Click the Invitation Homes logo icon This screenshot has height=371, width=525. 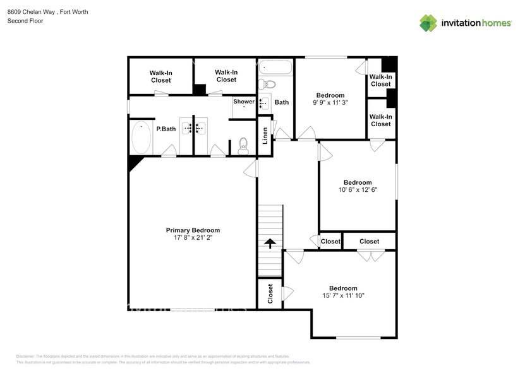point(429,23)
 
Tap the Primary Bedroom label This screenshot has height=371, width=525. point(193,230)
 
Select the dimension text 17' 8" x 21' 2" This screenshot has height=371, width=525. point(193,238)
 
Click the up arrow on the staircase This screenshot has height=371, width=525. point(270,244)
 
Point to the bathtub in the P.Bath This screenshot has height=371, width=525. point(140,138)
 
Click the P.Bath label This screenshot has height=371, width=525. point(166,129)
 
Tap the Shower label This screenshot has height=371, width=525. point(244,102)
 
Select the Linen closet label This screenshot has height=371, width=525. point(265,135)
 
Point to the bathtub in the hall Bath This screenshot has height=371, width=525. point(275,67)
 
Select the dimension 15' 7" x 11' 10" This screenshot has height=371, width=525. point(343,295)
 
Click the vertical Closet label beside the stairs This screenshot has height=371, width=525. point(270,294)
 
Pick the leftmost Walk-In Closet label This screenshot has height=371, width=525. point(160,76)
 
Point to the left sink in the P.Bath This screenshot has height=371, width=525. point(188,128)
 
